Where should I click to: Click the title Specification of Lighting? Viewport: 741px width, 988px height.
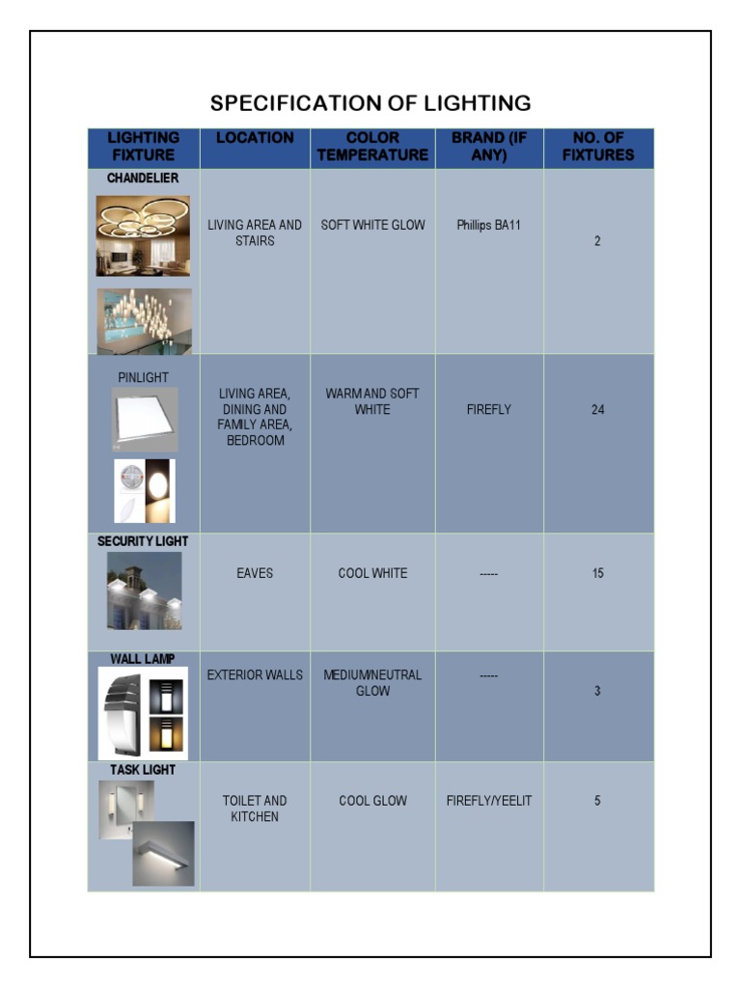[370, 103]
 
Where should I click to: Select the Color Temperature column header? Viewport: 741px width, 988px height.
[372, 147]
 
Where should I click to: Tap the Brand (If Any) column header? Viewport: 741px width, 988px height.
[489, 147]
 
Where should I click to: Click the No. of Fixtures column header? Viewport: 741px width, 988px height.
[598, 147]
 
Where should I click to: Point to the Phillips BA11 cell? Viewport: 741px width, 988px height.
[488, 226]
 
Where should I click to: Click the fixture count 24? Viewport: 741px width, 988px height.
[598, 410]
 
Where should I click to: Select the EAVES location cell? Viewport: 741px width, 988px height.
[255, 573]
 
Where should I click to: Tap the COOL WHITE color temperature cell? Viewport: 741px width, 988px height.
[372, 573]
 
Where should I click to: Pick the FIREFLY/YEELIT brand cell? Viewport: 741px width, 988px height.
[489, 801]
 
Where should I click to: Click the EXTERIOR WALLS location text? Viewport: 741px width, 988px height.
[255, 675]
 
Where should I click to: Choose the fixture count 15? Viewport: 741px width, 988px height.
[598, 573]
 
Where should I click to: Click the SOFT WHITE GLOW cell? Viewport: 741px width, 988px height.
[372, 226]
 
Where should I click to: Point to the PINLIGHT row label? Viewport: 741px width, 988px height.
[143, 377]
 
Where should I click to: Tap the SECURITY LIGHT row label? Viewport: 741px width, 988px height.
[143, 542]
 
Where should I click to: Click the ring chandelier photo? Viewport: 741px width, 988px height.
[143, 235]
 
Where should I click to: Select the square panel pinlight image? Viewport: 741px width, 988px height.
[145, 420]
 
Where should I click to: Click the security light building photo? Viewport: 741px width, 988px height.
[144, 590]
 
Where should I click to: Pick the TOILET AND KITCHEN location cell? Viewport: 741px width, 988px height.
[255, 809]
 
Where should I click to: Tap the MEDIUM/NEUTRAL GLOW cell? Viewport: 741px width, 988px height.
[372, 683]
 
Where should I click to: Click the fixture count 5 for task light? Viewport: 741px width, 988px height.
[598, 801]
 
